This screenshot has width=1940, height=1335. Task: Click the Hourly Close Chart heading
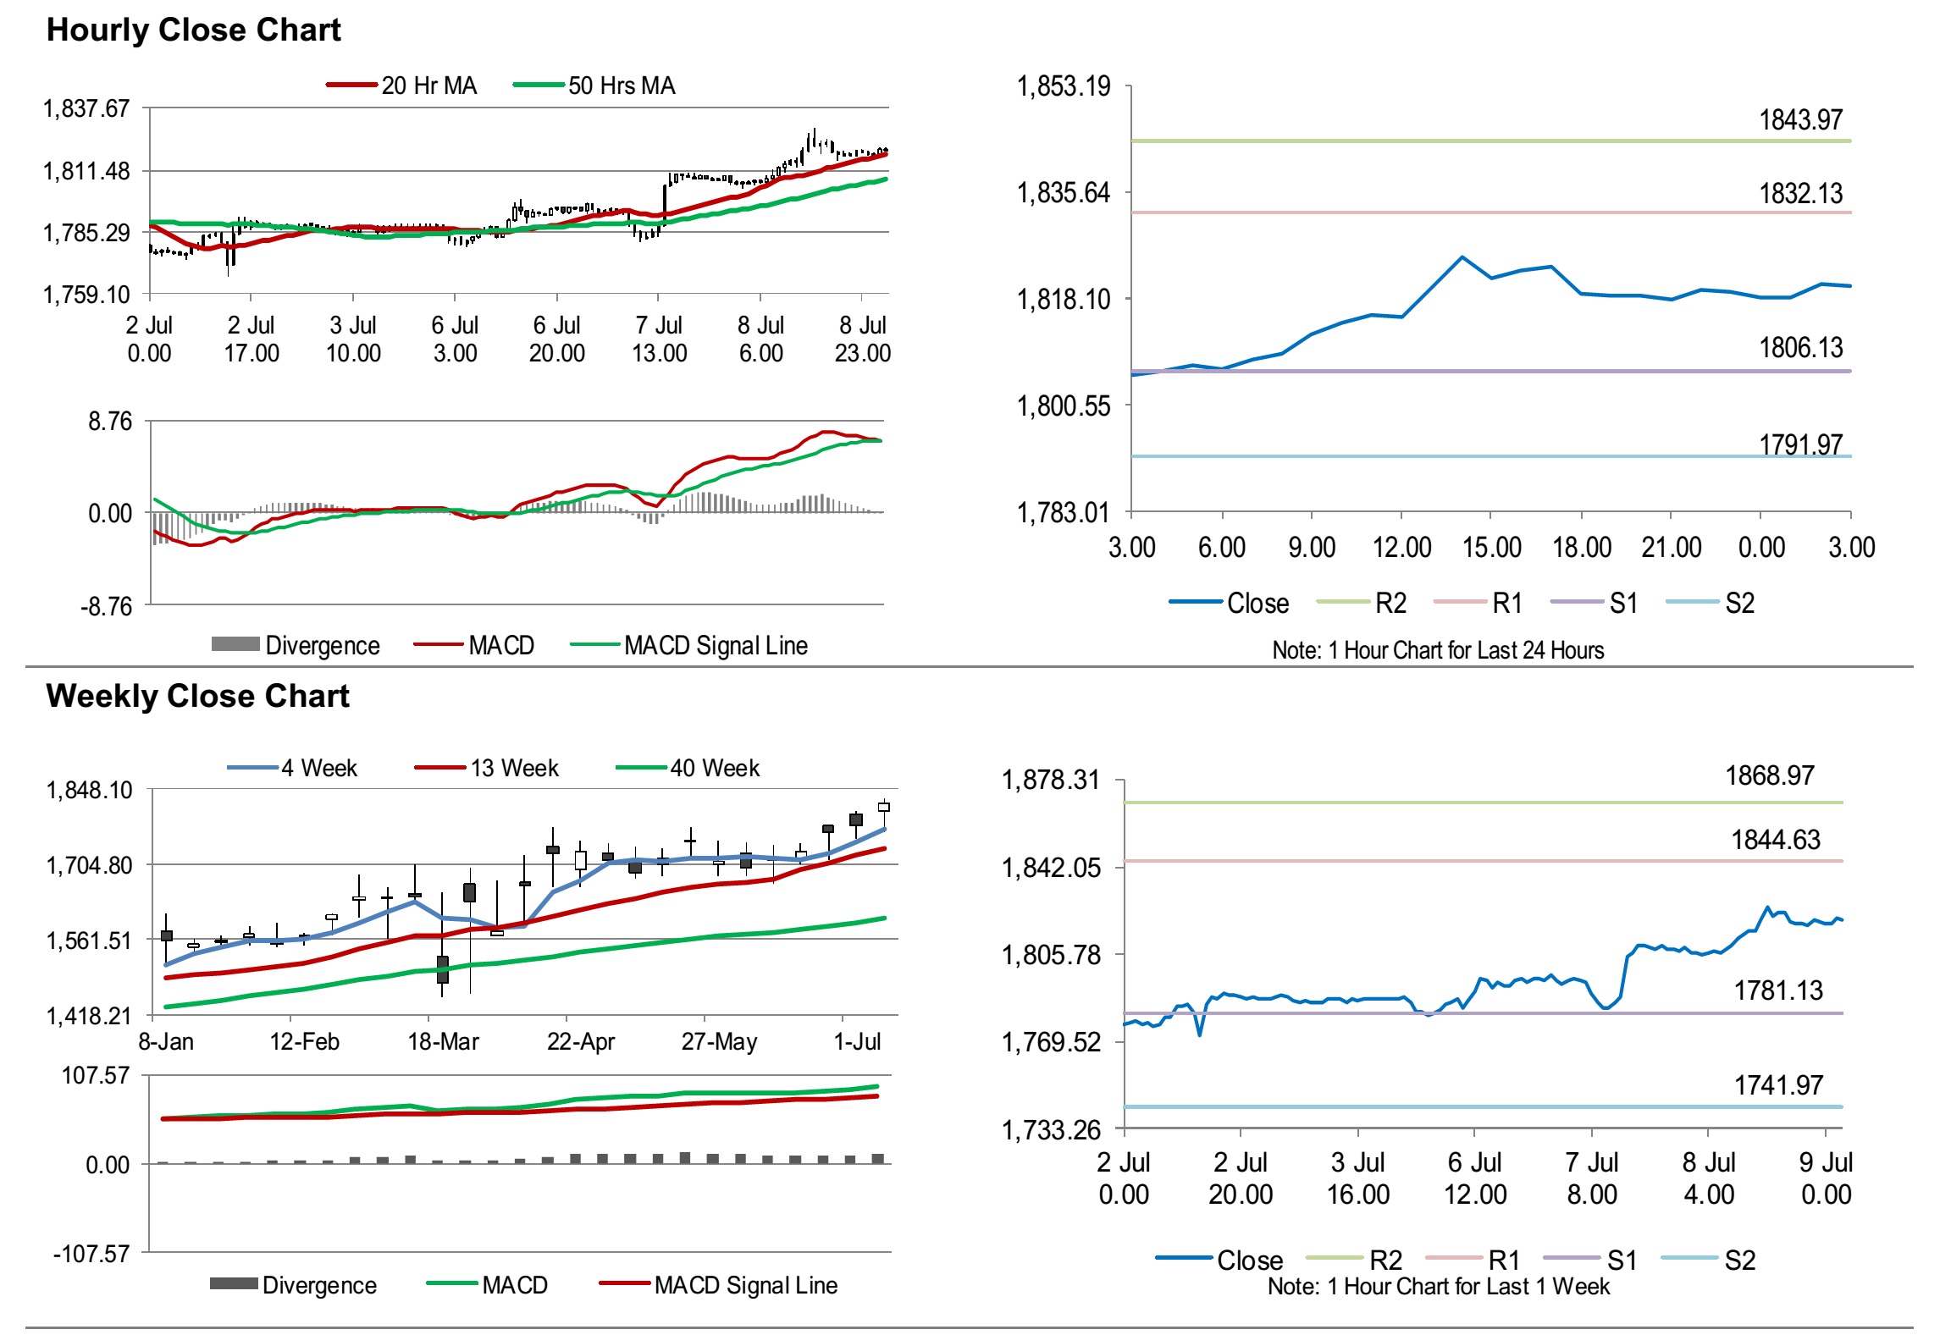coord(193,30)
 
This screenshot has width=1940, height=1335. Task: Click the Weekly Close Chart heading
coord(197,696)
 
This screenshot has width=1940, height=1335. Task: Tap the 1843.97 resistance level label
coord(1800,120)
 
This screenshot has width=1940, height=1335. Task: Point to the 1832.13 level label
coord(1800,194)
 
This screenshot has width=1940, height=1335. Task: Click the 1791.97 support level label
coord(1800,444)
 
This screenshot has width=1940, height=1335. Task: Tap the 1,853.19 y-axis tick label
coord(1063,86)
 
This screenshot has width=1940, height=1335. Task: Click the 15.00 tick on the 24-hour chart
coord(1491,548)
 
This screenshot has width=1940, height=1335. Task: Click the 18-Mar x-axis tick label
coord(443,1041)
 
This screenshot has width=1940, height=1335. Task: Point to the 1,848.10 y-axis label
coord(89,790)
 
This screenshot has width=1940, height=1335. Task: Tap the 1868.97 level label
coord(1770,775)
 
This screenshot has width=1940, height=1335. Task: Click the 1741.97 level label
coord(1778,1085)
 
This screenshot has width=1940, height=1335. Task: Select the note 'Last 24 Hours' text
coord(1438,650)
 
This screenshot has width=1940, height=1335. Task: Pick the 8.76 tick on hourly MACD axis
coord(110,422)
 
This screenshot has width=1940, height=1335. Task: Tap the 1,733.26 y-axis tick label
coord(1051,1129)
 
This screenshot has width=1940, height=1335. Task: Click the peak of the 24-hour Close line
coord(1462,257)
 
